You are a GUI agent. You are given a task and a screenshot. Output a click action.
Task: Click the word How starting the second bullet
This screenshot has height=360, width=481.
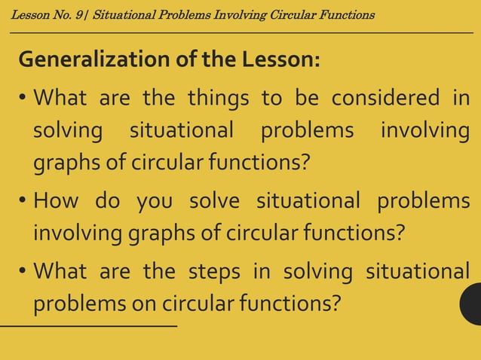pos(57,201)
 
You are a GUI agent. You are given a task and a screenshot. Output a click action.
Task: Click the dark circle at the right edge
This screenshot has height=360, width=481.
pos(471,304)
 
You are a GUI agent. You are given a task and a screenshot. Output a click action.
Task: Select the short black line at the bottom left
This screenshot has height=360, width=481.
pos(88,326)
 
